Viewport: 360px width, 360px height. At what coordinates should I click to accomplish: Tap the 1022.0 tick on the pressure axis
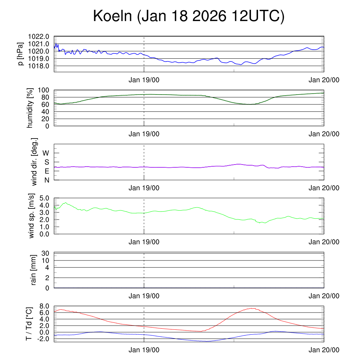point(39,37)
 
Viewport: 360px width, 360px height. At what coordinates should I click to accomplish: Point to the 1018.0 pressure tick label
point(39,66)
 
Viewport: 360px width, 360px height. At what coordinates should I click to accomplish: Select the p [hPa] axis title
point(21,54)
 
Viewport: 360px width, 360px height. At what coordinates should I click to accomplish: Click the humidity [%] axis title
point(30,108)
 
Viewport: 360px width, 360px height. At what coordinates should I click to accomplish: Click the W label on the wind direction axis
point(46,153)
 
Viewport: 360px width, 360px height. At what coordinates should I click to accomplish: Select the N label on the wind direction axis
point(47,180)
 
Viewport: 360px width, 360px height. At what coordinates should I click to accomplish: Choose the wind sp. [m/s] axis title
point(32,216)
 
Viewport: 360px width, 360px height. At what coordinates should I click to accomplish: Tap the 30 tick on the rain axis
point(45,253)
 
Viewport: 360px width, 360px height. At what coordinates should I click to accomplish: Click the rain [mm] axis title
point(34,270)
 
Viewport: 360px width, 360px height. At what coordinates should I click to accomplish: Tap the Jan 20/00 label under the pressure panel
point(324,80)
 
